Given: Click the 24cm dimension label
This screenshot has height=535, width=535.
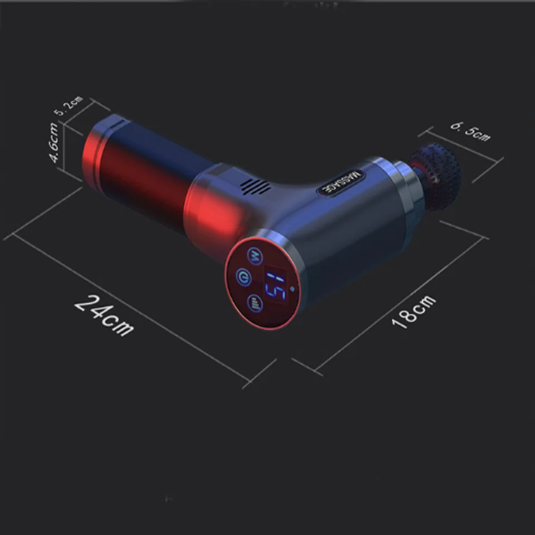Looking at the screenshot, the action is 104,315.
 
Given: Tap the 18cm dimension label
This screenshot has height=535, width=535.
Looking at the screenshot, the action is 414,312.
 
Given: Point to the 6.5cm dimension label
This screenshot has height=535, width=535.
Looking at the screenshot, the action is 470,132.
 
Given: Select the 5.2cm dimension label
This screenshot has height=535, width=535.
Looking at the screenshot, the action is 68,106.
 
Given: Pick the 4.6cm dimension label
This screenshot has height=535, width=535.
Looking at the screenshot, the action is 54,142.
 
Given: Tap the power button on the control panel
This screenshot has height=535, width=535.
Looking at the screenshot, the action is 244,277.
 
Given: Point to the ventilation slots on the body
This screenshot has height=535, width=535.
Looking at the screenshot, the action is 255,187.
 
